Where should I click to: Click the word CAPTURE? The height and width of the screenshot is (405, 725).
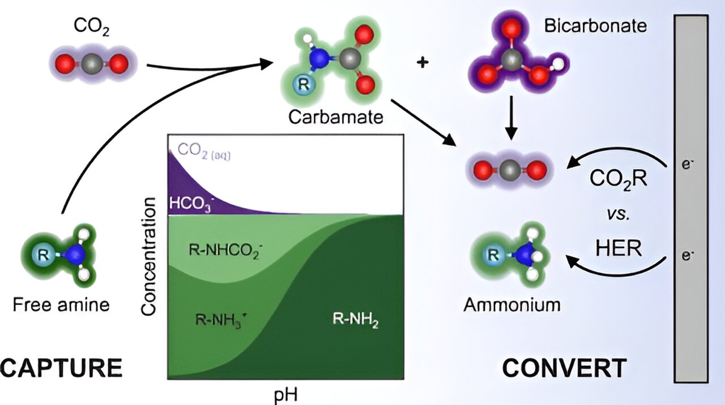pos(61,368)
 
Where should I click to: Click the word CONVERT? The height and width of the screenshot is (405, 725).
pos(564,368)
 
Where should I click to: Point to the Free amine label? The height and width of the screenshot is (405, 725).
pos(61,305)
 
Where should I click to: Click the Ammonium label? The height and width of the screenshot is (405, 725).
pos(512,305)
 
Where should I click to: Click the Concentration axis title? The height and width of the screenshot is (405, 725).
pos(149,256)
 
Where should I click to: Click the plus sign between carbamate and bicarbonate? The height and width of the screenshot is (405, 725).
pos(422,62)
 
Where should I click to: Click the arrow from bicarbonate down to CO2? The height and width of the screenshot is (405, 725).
pos(511,117)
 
